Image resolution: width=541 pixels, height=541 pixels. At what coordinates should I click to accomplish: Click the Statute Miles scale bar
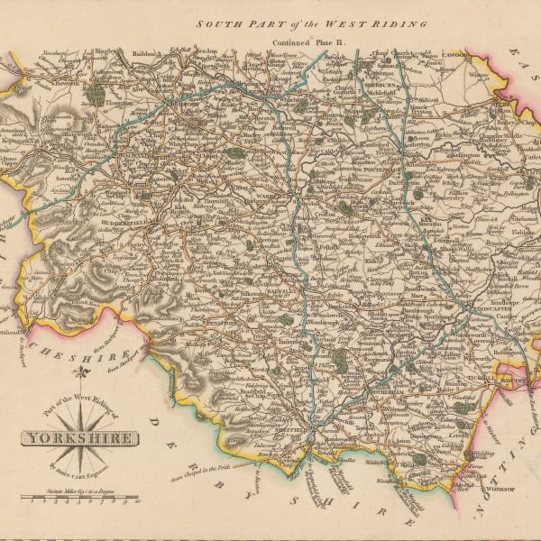point(82,497)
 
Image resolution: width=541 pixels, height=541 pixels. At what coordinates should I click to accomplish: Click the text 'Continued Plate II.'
point(295,41)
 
